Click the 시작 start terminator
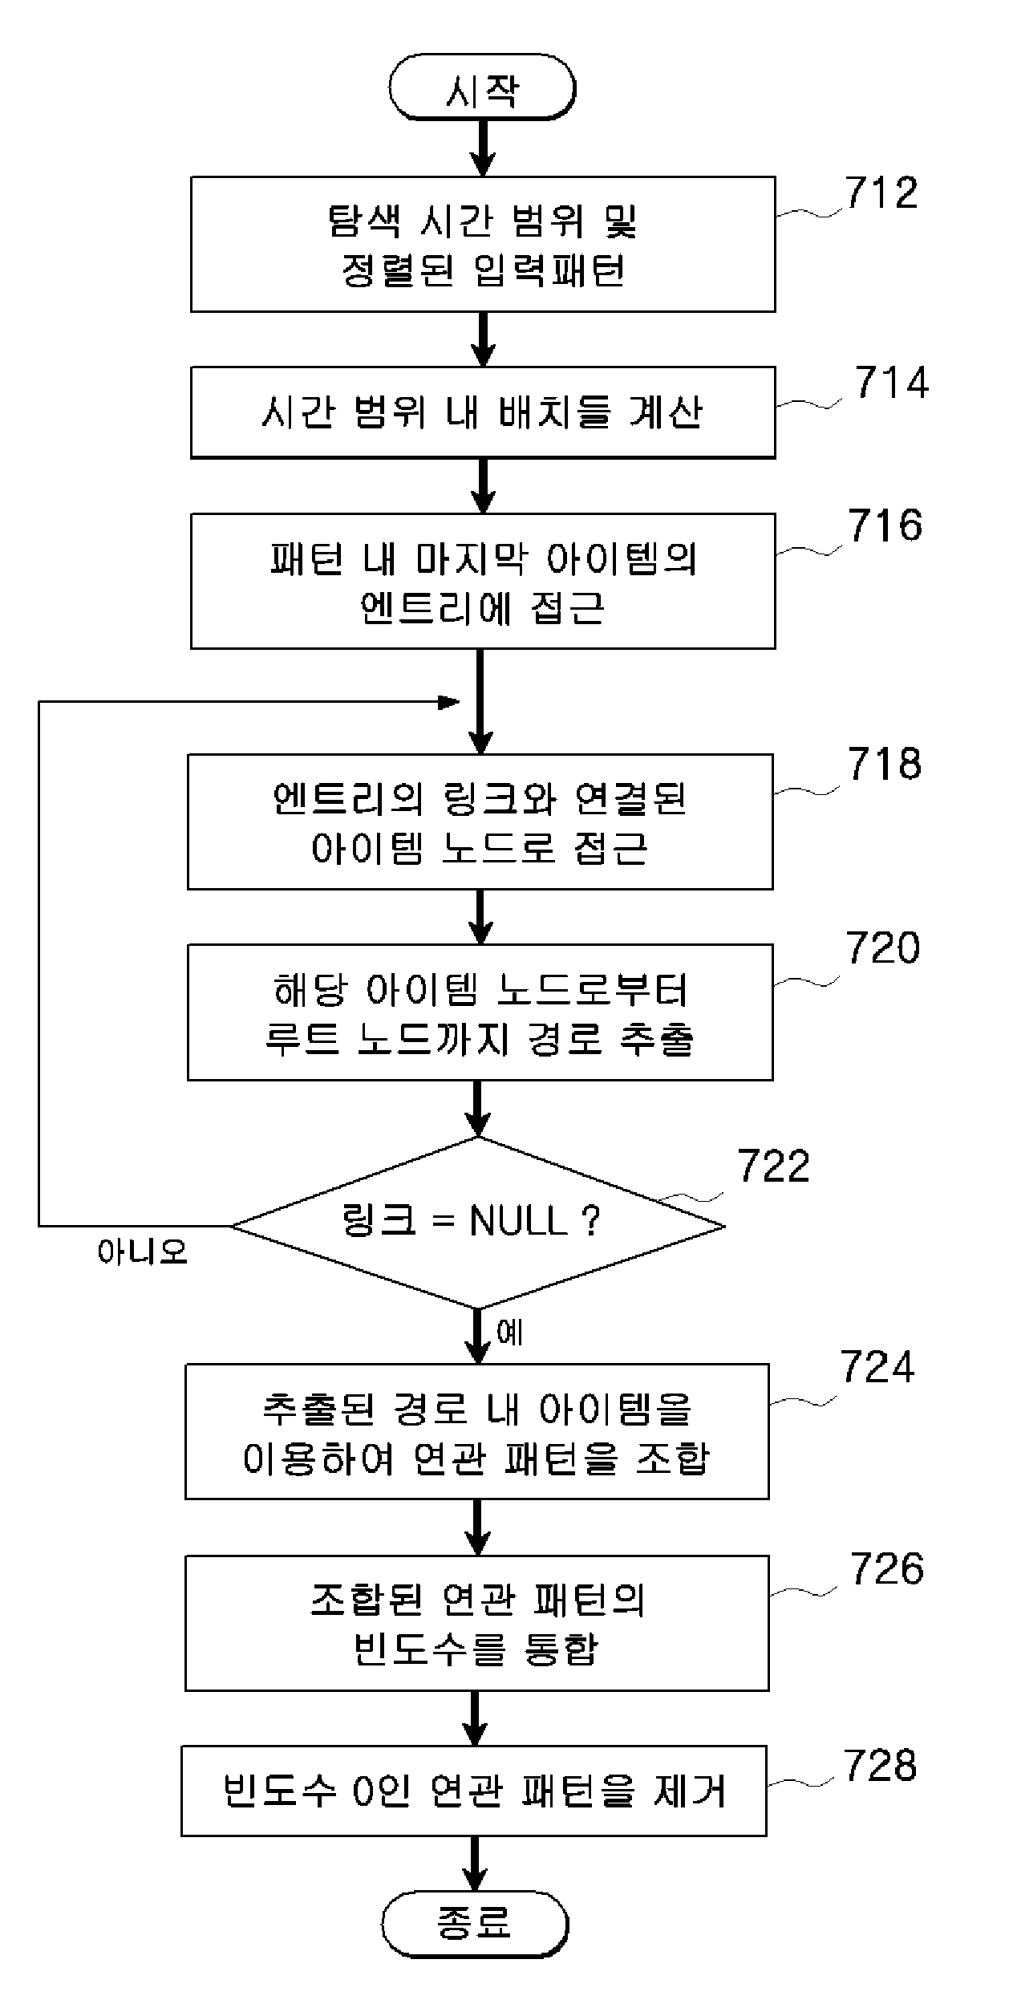pyautogui.click(x=482, y=87)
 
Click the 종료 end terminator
pyautogui.click(x=475, y=1924)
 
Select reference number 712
pyautogui.click(x=881, y=193)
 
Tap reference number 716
pyautogui.click(x=885, y=525)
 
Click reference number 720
pyautogui.click(x=882, y=948)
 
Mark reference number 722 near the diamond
pyautogui.click(x=774, y=1166)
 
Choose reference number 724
pyautogui.click(x=877, y=1367)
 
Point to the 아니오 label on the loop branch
pyautogui.click(x=142, y=1252)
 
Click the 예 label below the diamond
pyautogui.click(x=510, y=1333)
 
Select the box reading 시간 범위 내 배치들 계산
pyautogui.click(x=483, y=412)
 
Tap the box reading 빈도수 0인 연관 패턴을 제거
pyautogui.click(x=474, y=1791)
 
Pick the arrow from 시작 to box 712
pyautogui.click(x=482, y=148)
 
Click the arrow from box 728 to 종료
pyautogui.click(x=475, y=1864)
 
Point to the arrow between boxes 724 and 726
pyautogui.click(x=477, y=1527)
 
